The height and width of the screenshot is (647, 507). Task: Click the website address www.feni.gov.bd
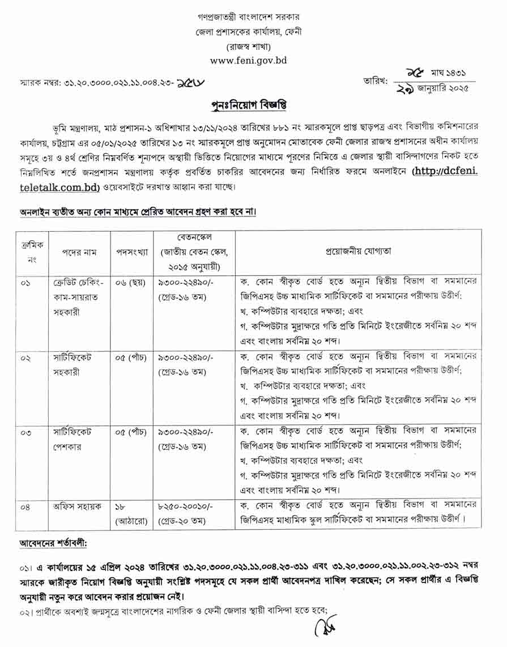pos(249,61)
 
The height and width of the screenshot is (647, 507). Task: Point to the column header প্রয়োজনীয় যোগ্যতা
pos(357,251)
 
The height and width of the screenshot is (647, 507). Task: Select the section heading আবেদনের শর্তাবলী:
pos(53,544)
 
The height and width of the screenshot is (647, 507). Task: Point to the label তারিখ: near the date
pos(375,81)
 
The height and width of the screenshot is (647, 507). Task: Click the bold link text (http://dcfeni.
pos(445,171)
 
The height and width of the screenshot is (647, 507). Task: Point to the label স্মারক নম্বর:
pos(40,83)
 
